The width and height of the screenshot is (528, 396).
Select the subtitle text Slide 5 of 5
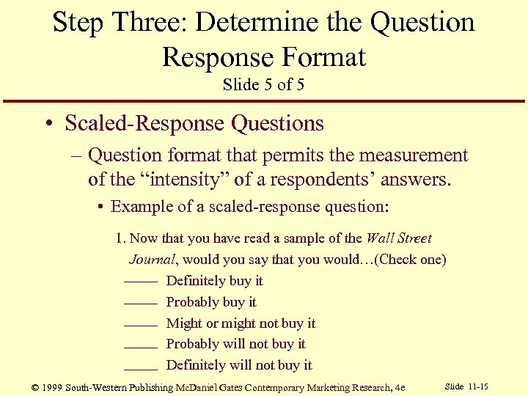tap(263, 84)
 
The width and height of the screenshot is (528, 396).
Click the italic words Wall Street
tap(398, 238)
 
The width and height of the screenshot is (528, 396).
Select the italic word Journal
tap(153, 260)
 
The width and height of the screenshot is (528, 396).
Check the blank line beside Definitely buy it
tap(141, 282)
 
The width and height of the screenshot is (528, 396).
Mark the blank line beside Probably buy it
tap(141, 303)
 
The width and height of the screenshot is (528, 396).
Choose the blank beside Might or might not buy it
tap(141, 324)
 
